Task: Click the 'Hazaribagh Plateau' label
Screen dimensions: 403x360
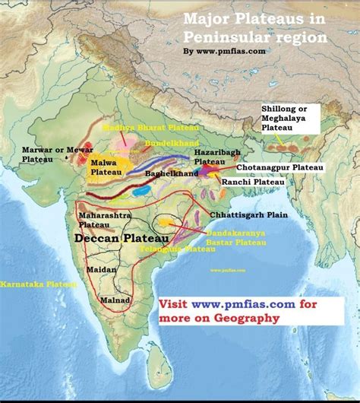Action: click(213, 157)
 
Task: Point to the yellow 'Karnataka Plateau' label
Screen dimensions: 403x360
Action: click(39, 284)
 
